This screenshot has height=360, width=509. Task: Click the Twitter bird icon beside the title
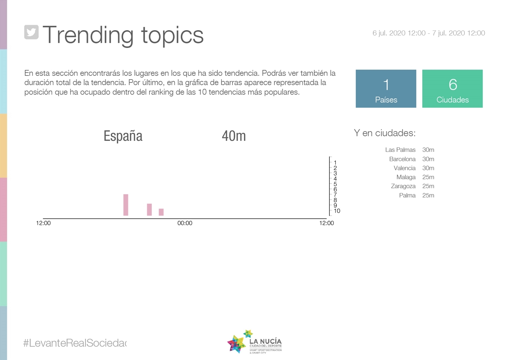click(x=31, y=32)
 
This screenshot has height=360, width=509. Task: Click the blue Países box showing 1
click(x=386, y=89)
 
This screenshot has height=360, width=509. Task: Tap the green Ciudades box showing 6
click(x=452, y=89)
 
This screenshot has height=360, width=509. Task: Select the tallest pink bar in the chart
click(x=126, y=205)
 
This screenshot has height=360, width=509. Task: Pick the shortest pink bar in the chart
click(x=161, y=212)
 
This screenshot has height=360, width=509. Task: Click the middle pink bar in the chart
click(x=149, y=209)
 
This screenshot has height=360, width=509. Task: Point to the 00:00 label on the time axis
click(x=185, y=223)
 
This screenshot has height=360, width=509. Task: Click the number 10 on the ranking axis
click(x=337, y=211)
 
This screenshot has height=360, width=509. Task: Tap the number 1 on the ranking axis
click(x=335, y=163)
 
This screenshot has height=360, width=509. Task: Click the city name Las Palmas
click(x=400, y=150)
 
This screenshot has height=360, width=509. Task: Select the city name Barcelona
click(x=402, y=159)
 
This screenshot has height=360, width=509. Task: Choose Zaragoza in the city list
click(x=403, y=187)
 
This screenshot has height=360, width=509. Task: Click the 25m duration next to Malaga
click(x=428, y=177)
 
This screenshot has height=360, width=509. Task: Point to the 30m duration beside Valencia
click(x=428, y=168)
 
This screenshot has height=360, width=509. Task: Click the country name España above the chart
click(x=123, y=136)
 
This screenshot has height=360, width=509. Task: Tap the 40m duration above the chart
click(x=234, y=136)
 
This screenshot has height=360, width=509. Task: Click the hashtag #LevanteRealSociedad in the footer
click(x=75, y=343)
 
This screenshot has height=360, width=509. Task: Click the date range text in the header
click(x=428, y=33)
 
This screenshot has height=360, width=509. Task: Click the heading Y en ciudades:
click(x=385, y=133)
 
